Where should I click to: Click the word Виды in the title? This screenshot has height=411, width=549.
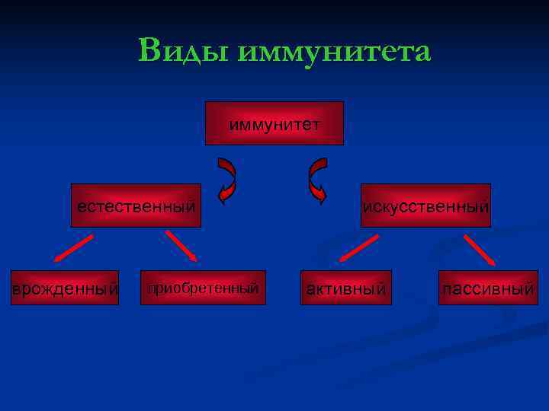[185, 52]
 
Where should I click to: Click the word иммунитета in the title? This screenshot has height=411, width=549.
[335, 52]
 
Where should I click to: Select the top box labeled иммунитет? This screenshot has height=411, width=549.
[274, 123]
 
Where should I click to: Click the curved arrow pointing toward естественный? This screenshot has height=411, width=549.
[227, 181]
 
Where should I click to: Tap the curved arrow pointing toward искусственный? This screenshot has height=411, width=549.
[316, 181]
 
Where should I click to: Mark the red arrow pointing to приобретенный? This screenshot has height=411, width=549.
[181, 247]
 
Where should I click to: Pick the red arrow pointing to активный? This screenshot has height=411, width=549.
[358, 248]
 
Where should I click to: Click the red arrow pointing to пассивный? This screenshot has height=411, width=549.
[480, 249]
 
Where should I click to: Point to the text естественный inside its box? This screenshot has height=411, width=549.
[136, 206]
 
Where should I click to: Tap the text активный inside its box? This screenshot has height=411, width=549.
[345, 289]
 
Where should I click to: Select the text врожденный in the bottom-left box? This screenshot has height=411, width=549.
[65, 289]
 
